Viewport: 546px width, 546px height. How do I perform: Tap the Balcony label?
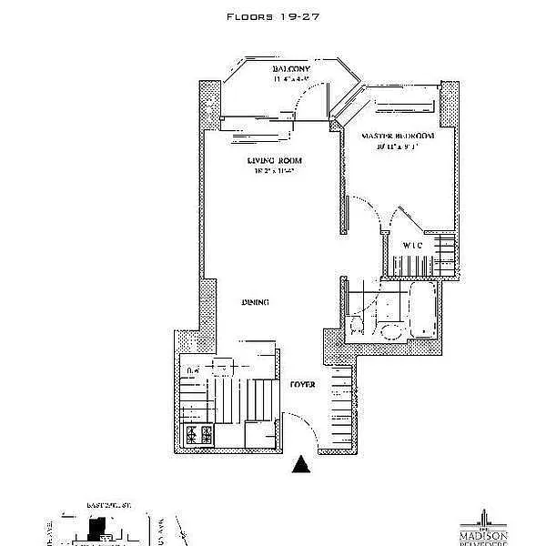292,70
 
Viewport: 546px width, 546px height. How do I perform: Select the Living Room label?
274,160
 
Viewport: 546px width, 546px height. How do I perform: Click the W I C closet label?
411,245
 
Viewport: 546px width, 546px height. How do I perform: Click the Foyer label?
302,385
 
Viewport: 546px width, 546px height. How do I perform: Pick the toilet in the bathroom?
358,325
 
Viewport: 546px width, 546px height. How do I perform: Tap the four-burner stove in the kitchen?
199,434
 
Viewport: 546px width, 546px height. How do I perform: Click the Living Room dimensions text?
274,171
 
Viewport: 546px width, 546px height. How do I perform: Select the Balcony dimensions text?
292,80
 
